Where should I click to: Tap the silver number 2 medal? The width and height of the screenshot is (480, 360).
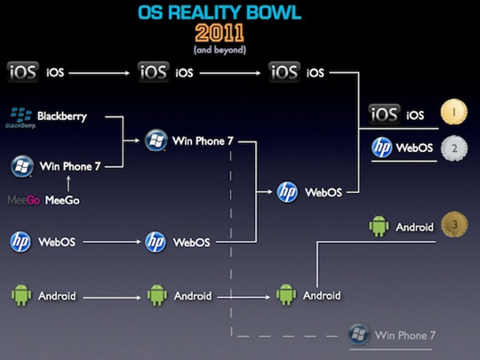(454, 147)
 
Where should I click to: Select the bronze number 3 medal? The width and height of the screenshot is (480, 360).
(454, 225)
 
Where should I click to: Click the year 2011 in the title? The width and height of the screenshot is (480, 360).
(220, 33)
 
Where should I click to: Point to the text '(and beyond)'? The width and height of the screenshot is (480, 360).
(220, 50)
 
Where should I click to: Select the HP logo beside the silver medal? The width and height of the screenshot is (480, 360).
(382, 147)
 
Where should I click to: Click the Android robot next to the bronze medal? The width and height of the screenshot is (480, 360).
(378, 226)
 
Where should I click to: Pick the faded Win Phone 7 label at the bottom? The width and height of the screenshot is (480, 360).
(405, 336)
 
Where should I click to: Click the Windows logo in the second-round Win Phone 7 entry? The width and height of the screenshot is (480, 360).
(156, 140)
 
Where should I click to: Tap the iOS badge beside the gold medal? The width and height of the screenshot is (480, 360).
(384, 115)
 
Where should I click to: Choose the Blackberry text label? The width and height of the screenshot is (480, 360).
(62, 117)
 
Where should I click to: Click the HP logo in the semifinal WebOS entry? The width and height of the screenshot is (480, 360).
(287, 191)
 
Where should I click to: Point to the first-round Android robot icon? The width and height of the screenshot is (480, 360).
(21, 295)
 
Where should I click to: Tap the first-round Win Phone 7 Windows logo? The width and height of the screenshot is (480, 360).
(22, 165)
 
